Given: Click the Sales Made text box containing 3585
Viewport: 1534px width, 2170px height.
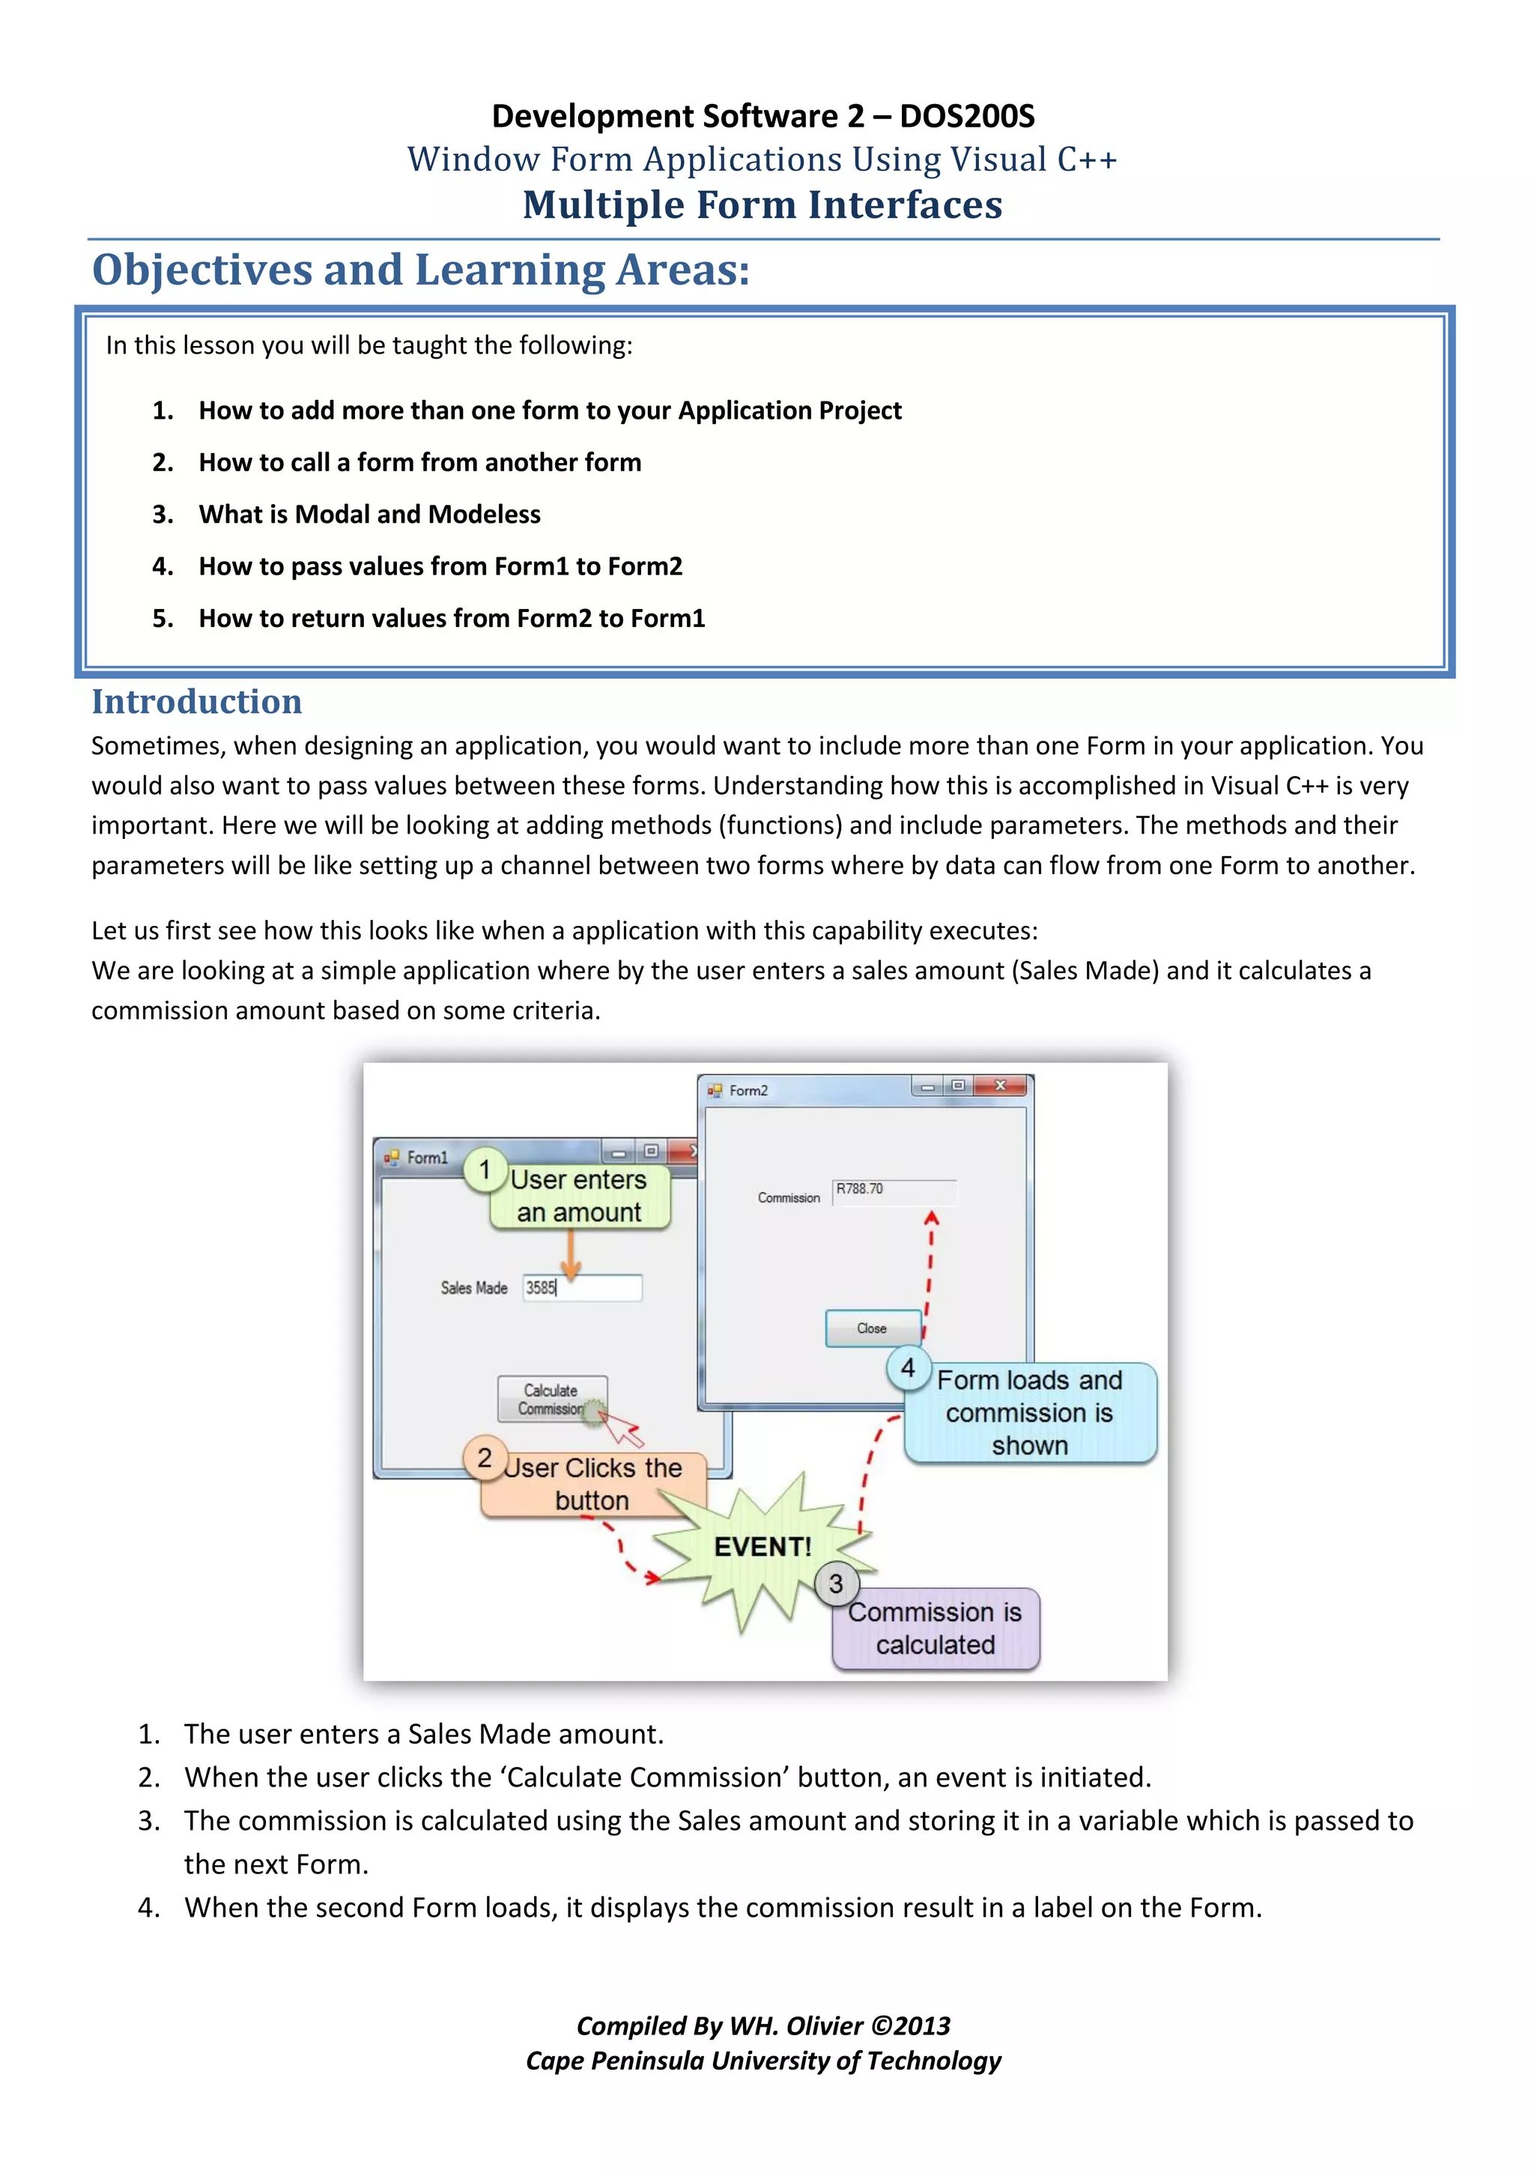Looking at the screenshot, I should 582,1288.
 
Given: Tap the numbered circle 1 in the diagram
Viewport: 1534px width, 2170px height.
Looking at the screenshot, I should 485,1170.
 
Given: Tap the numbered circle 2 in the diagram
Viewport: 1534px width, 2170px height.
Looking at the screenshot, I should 485,1458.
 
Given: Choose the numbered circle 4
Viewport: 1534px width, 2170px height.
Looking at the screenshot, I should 907,1368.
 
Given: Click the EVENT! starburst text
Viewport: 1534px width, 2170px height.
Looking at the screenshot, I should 763,1548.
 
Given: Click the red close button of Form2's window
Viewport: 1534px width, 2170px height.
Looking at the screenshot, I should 1000,1086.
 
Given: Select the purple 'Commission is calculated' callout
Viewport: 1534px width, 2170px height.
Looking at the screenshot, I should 936,1629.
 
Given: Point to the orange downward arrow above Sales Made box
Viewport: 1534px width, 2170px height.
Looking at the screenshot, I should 571,1255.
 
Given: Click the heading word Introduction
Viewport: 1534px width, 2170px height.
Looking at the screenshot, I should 196,702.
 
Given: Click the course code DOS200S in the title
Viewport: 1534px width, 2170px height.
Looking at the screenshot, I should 966,116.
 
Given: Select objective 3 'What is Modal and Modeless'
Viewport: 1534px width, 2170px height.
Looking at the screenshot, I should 369,514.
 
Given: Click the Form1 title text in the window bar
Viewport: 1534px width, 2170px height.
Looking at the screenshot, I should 427,1158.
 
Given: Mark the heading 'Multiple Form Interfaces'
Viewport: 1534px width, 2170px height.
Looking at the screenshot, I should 763,205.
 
